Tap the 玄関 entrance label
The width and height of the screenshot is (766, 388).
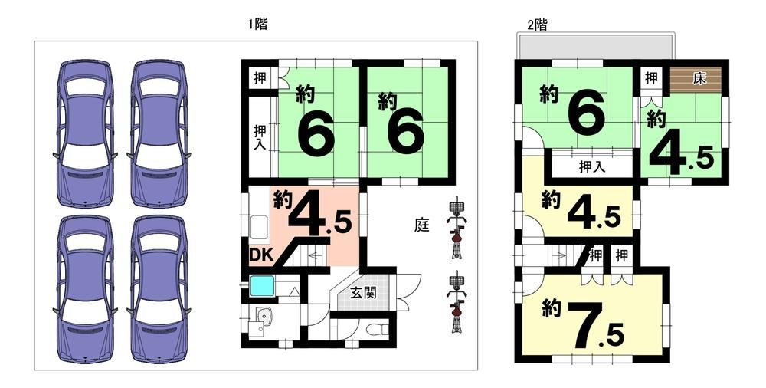[x=363, y=293]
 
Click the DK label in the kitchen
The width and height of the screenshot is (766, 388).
[x=262, y=255]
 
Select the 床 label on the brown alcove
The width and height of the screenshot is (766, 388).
[x=700, y=79]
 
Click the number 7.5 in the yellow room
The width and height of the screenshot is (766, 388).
[x=597, y=325]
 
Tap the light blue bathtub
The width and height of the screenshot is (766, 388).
[x=263, y=285]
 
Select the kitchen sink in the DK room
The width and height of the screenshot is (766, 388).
[x=259, y=227]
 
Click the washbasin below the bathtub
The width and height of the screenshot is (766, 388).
[x=262, y=317]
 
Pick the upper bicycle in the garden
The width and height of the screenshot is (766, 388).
[x=457, y=227]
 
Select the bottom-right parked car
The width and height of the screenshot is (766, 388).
[x=159, y=289]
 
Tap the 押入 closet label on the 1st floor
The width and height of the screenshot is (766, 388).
[x=259, y=137]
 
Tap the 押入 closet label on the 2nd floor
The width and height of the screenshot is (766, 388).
[x=592, y=167]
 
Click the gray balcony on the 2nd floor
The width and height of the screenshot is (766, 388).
[x=596, y=47]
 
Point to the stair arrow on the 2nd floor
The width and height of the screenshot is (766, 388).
[x=558, y=254]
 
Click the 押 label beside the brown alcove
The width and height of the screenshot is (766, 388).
[x=650, y=77]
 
